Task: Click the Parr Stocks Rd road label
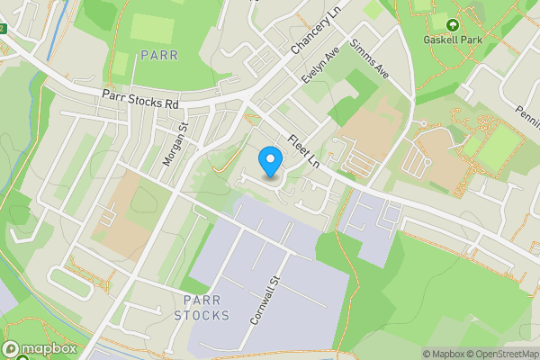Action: coord(139,98)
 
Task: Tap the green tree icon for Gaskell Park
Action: coord(453,26)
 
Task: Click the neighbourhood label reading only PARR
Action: coord(159,55)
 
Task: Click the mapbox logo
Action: coord(40,349)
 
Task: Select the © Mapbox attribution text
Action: coord(445,354)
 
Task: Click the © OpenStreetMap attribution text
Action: coord(504,354)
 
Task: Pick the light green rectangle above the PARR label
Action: coord(150,28)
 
